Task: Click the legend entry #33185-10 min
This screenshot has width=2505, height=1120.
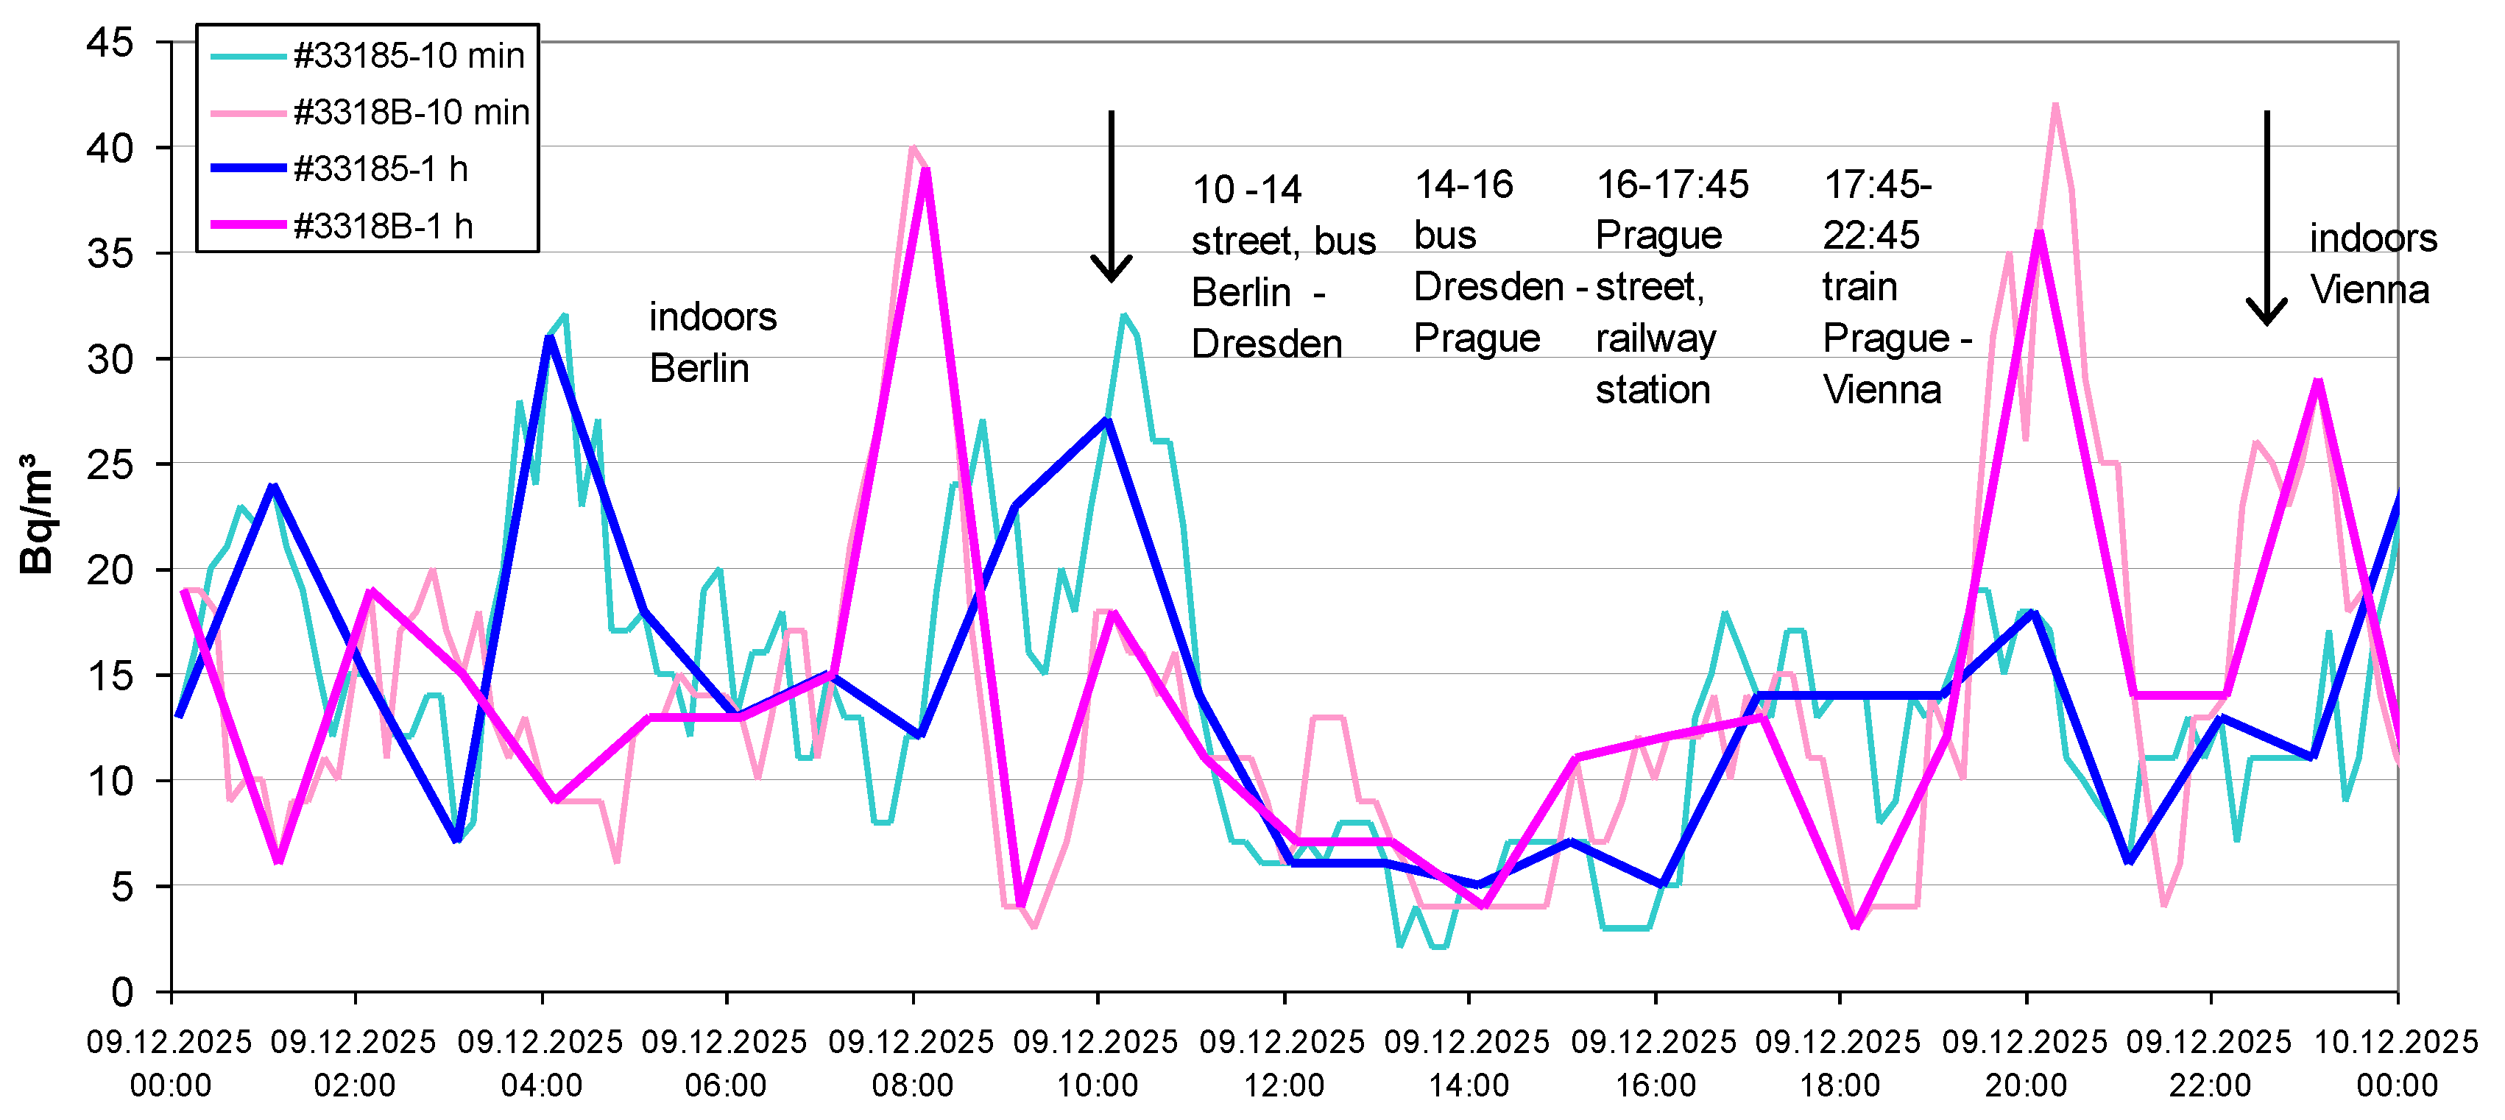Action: click(x=408, y=57)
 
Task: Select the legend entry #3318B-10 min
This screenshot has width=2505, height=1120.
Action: click(x=410, y=113)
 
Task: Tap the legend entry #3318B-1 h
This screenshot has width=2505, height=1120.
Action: click(x=382, y=227)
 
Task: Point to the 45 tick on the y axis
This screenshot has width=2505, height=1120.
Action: click(x=109, y=42)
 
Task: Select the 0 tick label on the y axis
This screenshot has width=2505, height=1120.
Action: click(x=121, y=992)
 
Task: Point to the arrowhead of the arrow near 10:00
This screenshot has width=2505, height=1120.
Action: click(x=1111, y=272)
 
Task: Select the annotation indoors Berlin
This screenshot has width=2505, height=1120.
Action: click(x=712, y=342)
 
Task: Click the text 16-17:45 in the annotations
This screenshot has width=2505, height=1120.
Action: click(x=1672, y=185)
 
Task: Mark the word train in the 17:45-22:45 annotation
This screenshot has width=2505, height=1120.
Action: click(x=1859, y=287)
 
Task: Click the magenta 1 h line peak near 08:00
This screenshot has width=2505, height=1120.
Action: click(x=927, y=171)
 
